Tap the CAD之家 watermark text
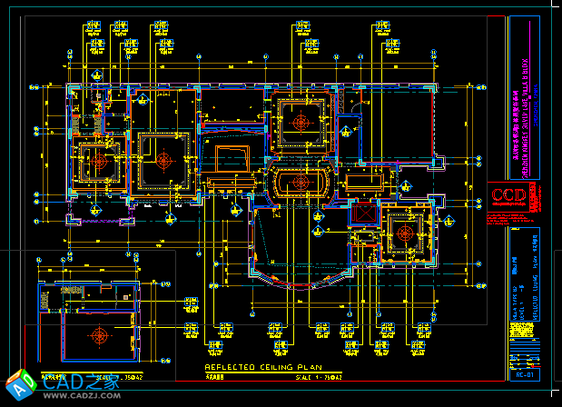coord(81,383)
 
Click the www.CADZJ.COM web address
coord(82,397)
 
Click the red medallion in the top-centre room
coord(300,122)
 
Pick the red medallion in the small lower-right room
coord(406,231)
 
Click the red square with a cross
coord(363,214)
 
